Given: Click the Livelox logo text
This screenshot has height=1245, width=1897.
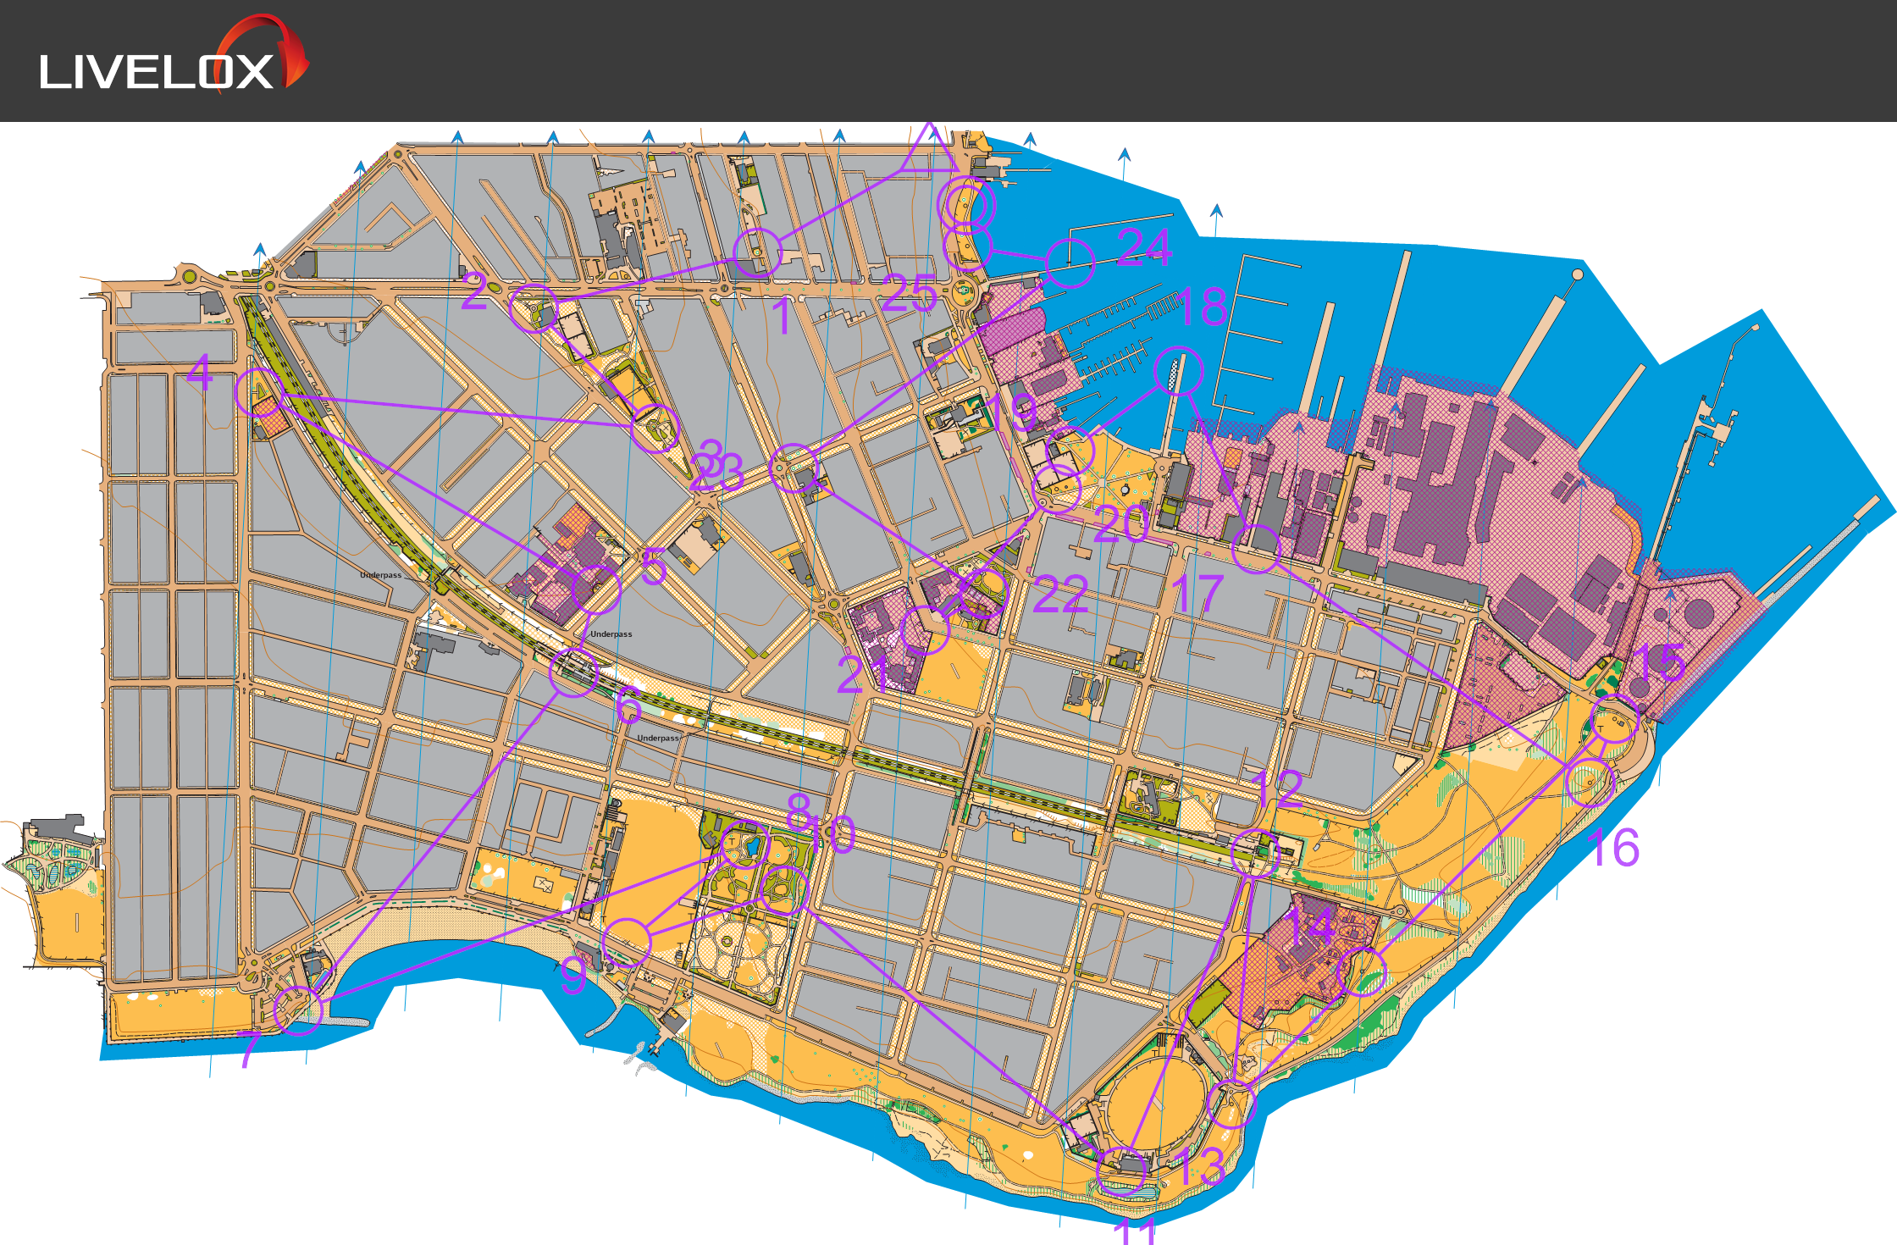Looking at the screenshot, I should [x=156, y=71].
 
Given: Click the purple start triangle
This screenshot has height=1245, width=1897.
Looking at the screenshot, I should [x=929, y=151].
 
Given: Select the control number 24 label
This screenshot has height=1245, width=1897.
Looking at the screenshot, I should [x=1143, y=247].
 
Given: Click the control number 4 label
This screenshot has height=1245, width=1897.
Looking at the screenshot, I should [x=199, y=373].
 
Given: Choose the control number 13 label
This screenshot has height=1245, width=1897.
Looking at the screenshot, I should [x=1199, y=1167].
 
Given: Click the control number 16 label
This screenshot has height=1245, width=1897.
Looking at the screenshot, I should [x=1613, y=849].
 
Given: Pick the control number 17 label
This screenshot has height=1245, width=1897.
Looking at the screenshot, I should [x=1197, y=595].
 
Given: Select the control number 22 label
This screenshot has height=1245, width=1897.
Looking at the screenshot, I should [x=1060, y=595].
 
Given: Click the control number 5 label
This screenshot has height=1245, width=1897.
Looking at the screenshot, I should [x=653, y=567].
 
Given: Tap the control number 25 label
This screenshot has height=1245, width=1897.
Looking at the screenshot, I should [x=909, y=294].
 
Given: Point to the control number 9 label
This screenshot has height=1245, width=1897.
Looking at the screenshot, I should [x=573, y=975].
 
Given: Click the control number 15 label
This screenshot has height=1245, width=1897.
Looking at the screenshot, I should [x=1658, y=662].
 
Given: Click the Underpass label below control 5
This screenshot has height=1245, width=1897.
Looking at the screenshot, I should [x=611, y=634].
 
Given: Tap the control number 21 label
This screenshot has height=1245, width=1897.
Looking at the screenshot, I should [x=862, y=675].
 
